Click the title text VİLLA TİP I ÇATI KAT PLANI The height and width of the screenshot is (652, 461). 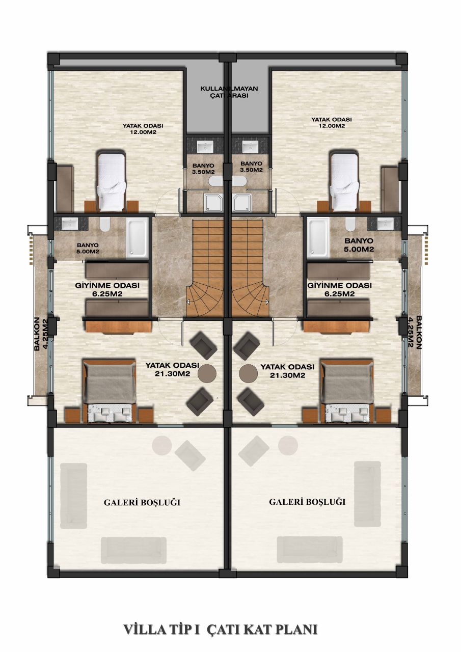(x=221, y=630)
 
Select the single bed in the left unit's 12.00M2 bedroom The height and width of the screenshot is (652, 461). (x=111, y=181)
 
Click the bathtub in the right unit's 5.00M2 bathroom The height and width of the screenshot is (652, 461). (x=317, y=237)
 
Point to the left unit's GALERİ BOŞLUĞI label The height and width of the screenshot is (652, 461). (x=142, y=503)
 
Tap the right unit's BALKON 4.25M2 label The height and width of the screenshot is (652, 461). (x=415, y=332)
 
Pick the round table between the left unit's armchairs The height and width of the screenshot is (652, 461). (x=206, y=373)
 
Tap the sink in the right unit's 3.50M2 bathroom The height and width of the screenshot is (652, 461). (x=250, y=147)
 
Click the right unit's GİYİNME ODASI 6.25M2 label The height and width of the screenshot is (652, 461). (x=339, y=289)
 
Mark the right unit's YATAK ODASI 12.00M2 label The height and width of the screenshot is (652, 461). (x=332, y=123)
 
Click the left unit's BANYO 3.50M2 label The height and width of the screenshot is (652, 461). (x=203, y=168)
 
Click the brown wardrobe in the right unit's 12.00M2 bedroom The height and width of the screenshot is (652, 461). (x=391, y=188)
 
